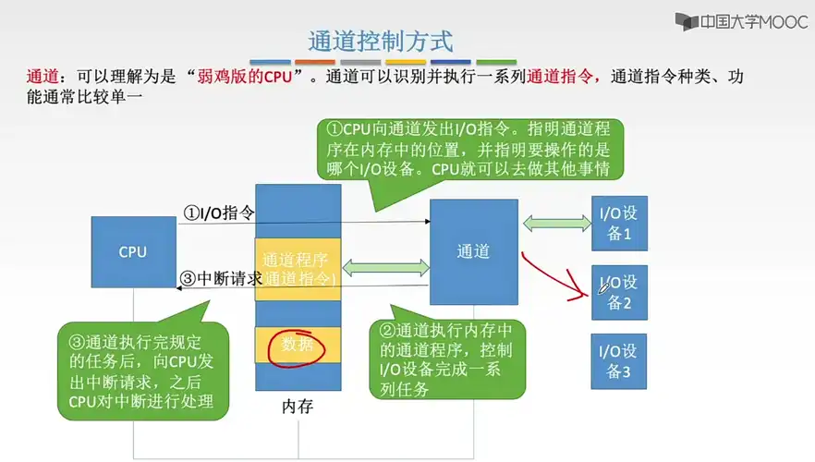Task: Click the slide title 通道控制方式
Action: point(380,42)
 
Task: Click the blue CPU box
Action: point(133,252)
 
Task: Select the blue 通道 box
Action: point(473,252)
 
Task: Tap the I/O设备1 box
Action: point(619,224)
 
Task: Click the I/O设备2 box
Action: point(619,292)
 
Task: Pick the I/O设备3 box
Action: point(619,360)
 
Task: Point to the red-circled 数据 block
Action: point(298,346)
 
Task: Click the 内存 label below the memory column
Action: point(298,407)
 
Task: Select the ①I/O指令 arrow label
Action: point(218,213)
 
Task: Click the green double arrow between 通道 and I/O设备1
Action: point(557,222)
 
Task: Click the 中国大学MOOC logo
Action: point(741,20)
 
